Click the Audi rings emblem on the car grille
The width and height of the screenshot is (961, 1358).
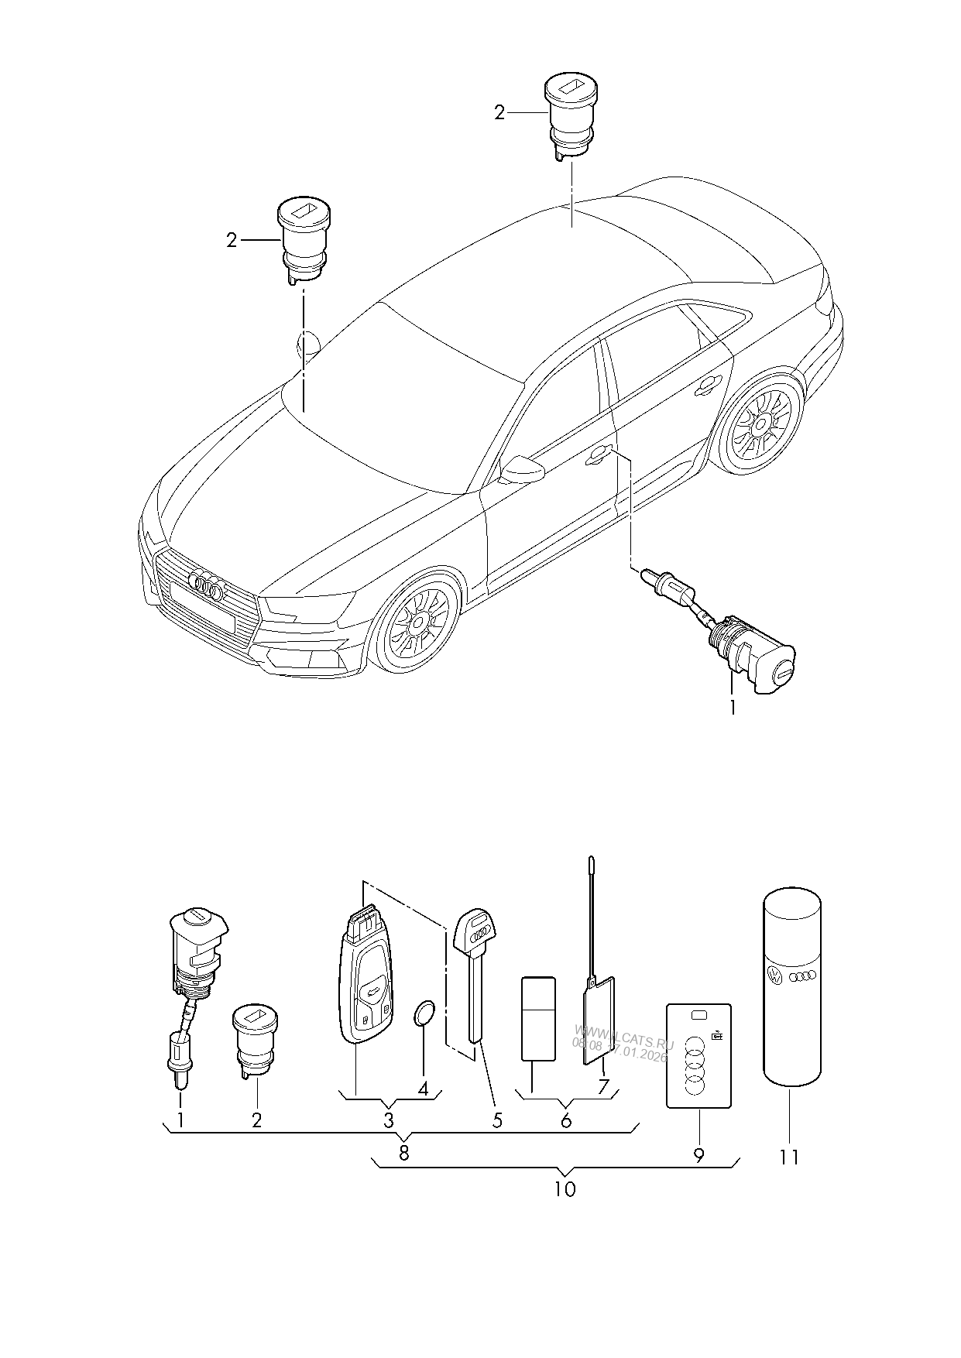pyautogui.click(x=207, y=587)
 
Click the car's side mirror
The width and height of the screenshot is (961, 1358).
pyautogui.click(x=521, y=469)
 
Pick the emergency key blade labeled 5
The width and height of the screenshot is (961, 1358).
pyautogui.click(x=475, y=976)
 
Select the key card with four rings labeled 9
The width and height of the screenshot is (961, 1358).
pyautogui.click(x=698, y=1055)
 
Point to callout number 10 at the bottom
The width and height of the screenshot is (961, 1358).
pyautogui.click(x=565, y=1189)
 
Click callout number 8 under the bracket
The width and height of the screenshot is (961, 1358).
pyautogui.click(x=403, y=1153)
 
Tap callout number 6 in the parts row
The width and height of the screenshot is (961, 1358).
pyautogui.click(x=566, y=1120)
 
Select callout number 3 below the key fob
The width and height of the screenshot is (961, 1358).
pyautogui.click(x=388, y=1120)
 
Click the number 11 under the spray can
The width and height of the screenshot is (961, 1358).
pyautogui.click(x=788, y=1157)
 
